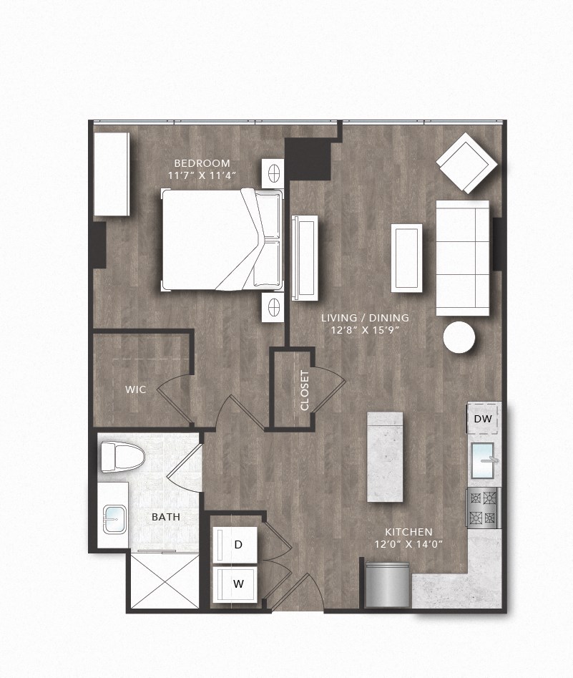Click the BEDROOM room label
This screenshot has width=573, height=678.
(x=201, y=162)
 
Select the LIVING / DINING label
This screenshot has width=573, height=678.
(x=365, y=318)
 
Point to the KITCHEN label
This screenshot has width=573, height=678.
(x=408, y=532)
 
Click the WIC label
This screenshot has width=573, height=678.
(x=136, y=389)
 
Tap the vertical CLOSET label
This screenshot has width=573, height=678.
(x=305, y=390)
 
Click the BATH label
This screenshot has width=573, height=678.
(x=165, y=516)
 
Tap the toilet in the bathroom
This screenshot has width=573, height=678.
(x=122, y=457)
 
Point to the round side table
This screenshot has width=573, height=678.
(x=458, y=337)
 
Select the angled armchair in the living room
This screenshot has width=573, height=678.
(x=467, y=163)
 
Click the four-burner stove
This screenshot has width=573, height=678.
(x=482, y=507)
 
